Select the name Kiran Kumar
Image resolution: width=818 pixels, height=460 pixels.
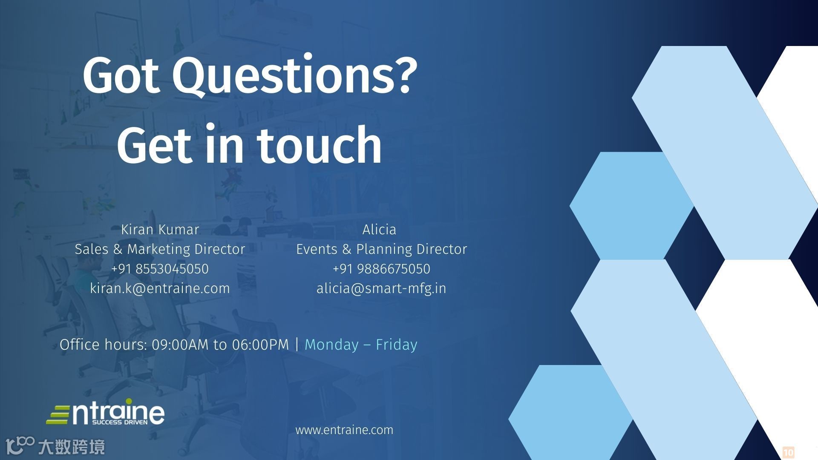click(160, 230)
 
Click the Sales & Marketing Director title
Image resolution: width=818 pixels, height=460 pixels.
click(160, 249)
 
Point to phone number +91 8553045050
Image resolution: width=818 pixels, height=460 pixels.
click(160, 269)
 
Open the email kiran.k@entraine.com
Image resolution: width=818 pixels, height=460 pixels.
click(160, 288)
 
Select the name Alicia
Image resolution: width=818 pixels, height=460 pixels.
click(379, 230)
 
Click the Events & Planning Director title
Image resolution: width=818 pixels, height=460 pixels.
click(382, 249)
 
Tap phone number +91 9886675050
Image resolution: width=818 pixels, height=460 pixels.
click(382, 269)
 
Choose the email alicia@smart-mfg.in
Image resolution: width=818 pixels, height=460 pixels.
click(382, 288)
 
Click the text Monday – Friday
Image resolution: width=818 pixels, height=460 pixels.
click(361, 345)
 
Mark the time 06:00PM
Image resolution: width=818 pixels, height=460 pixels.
click(261, 345)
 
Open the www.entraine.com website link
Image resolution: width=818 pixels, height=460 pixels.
click(344, 430)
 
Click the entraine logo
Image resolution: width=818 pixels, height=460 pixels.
click(105, 412)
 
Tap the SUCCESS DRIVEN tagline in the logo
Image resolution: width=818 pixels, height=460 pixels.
click(120, 423)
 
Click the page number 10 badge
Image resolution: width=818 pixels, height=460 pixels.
click(789, 452)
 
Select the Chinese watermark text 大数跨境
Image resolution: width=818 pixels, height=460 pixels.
click(71, 447)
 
